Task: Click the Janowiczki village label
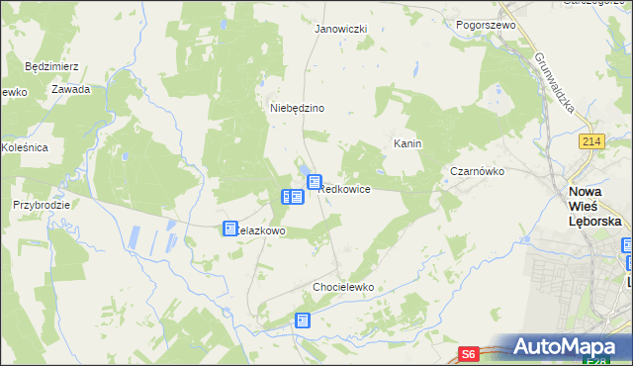tap(340, 29)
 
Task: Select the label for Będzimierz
tap(51, 67)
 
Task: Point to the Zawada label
tap(72, 89)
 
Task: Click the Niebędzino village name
tap(298, 108)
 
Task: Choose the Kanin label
tap(407, 143)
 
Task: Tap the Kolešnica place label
tap(24, 147)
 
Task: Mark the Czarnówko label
tap(478, 171)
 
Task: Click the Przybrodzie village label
tap(41, 205)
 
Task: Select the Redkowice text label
tap(346, 189)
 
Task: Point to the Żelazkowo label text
tap(262, 230)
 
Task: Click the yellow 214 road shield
tap(592, 142)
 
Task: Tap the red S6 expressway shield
tap(471, 353)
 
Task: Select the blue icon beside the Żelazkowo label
tap(230, 229)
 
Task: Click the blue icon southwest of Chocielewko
tap(303, 320)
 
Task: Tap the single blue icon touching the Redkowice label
tap(315, 182)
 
